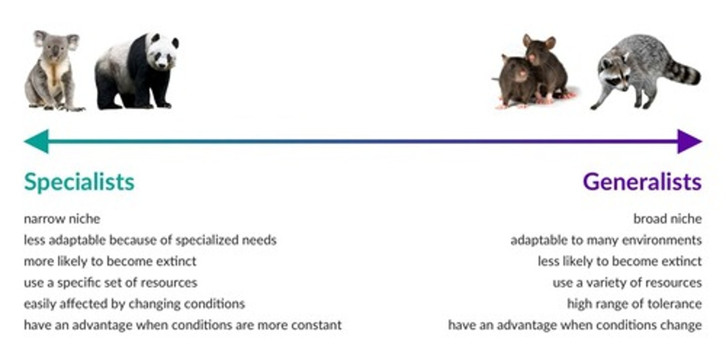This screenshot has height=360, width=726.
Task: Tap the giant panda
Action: (x=136, y=71)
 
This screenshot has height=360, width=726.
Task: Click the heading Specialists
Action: (x=79, y=182)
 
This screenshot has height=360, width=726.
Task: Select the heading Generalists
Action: (x=642, y=182)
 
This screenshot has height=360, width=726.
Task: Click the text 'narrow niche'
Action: (x=62, y=219)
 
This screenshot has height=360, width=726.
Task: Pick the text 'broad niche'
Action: (x=667, y=219)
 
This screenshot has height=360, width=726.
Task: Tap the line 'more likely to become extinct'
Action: (x=110, y=261)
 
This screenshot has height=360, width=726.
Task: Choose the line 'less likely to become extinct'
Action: (x=619, y=261)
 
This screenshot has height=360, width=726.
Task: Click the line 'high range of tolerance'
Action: (x=634, y=304)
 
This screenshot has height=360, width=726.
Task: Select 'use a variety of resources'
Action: (x=627, y=282)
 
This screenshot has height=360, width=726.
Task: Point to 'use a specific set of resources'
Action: (x=110, y=282)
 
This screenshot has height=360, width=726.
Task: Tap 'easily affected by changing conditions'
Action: (x=134, y=304)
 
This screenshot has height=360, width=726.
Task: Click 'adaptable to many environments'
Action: (x=606, y=240)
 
